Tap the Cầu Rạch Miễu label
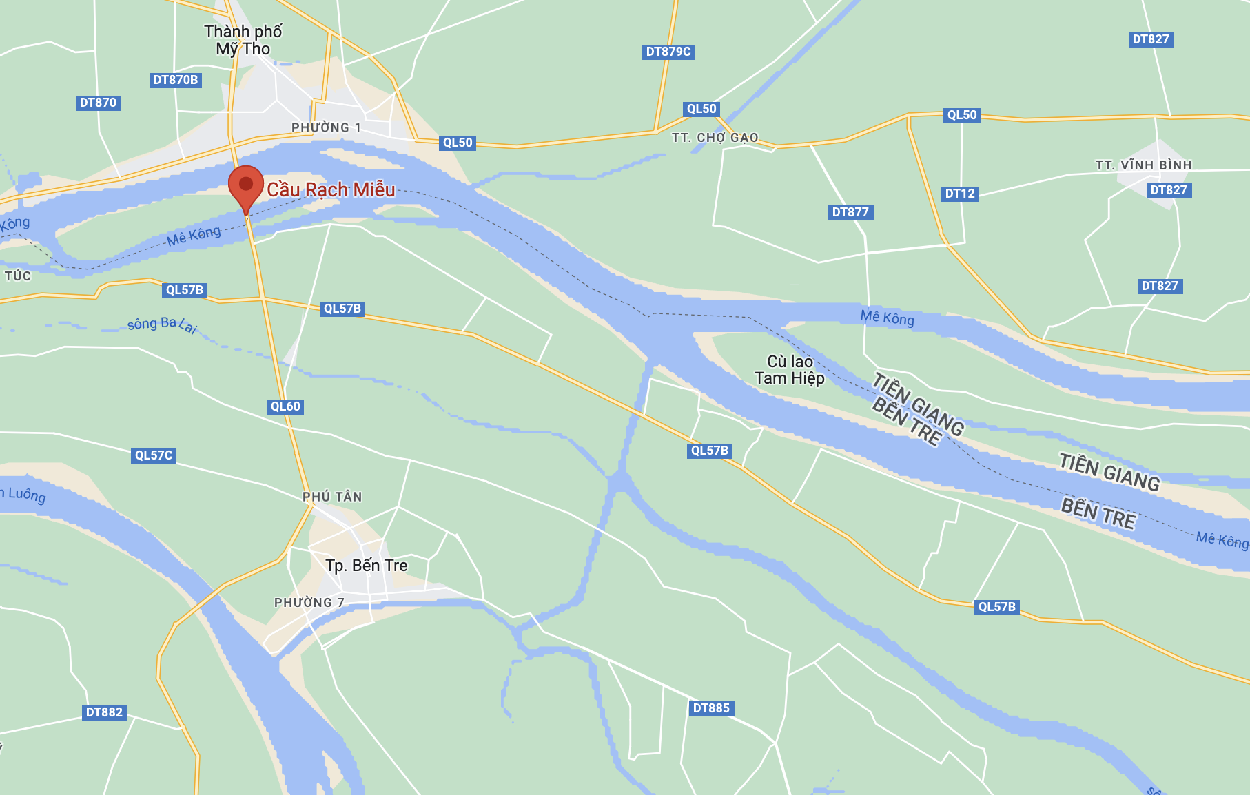coord(331,189)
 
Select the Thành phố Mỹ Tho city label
coord(243,40)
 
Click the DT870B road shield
coord(176,80)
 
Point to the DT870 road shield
coord(98,103)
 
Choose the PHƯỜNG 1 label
coord(326,127)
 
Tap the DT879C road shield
coord(668,52)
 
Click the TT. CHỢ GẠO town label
coord(715,138)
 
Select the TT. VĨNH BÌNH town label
coord(1144,165)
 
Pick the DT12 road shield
coord(960,194)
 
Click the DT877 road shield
coord(850,212)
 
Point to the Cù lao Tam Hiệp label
coord(790,370)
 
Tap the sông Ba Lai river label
coord(163,324)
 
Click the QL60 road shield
coord(285,406)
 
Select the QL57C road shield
coord(154,455)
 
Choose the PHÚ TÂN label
coord(332,497)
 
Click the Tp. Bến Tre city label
coord(367,566)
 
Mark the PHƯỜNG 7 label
coord(309,603)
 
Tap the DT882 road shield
coord(104,712)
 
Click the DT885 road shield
coord(711,708)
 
